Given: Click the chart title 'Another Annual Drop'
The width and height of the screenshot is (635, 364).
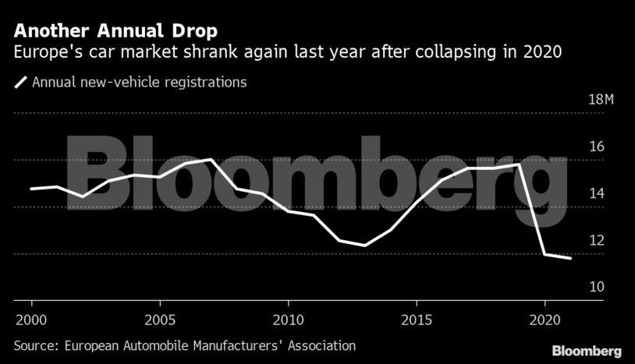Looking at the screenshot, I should click(115, 31).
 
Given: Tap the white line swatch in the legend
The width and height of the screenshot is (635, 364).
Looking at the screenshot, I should click(20, 81).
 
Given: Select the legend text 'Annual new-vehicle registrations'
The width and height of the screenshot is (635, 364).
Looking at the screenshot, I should click(140, 81).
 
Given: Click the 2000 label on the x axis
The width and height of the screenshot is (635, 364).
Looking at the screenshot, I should click(31, 320).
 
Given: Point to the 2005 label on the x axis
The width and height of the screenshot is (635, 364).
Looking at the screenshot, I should click(159, 320).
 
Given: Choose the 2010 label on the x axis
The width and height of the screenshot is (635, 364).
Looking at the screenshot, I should click(288, 320).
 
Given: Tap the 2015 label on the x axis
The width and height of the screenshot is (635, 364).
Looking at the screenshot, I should click(416, 320).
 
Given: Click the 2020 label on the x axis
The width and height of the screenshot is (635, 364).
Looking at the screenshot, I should click(544, 320).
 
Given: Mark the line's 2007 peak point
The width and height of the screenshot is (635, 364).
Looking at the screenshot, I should click(211, 159).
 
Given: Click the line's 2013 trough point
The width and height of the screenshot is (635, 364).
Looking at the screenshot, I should click(365, 246).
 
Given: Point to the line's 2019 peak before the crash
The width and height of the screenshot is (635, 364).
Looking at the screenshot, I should click(519, 164).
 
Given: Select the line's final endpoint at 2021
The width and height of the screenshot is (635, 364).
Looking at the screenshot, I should click(570, 258).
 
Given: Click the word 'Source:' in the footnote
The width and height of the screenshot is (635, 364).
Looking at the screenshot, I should click(37, 345).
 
